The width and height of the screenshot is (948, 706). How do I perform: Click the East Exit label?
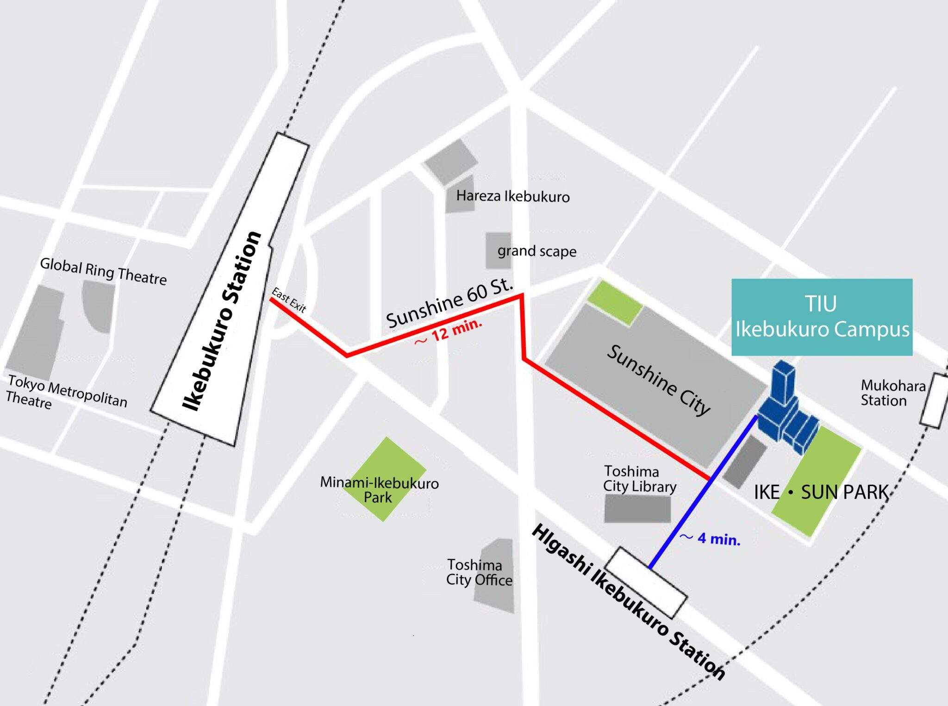point(289,300)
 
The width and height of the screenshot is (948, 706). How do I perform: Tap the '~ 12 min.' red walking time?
point(448,332)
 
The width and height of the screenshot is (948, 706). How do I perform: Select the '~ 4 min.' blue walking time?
point(710,538)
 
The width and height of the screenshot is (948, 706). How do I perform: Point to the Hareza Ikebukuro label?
point(512,196)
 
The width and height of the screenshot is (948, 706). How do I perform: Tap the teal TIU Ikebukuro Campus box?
point(822,317)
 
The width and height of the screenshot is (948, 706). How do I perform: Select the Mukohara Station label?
point(892,393)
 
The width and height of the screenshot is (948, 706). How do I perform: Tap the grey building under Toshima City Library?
point(637,509)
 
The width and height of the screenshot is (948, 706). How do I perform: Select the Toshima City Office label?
point(479,572)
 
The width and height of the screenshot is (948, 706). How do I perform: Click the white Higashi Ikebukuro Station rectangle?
point(646,582)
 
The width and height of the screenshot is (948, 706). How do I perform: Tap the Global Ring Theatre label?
point(103,271)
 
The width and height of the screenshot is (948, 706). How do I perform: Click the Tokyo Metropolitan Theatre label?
point(67,393)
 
